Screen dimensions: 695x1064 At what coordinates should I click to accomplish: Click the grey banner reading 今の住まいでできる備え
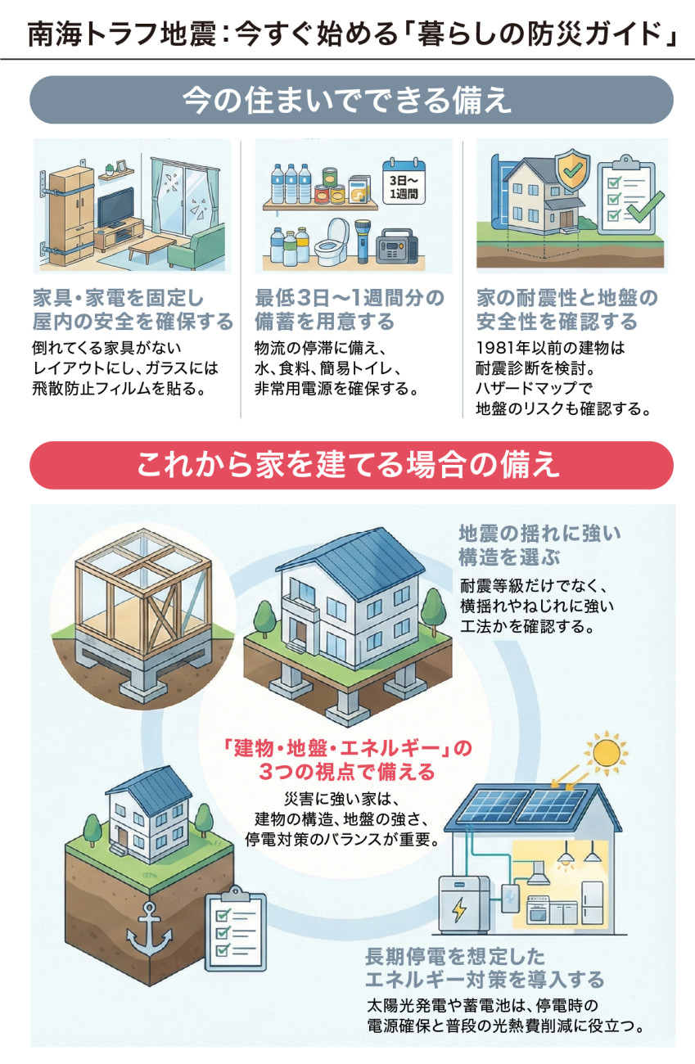click(x=351, y=100)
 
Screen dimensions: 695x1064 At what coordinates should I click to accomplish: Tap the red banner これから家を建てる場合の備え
click(x=351, y=465)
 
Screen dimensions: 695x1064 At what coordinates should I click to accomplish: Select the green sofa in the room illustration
click(x=196, y=247)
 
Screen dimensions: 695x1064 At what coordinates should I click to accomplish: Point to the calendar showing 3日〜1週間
click(x=404, y=182)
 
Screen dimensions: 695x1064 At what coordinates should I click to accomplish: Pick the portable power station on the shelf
click(x=397, y=246)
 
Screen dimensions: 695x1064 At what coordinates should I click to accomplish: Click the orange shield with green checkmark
click(x=573, y=169)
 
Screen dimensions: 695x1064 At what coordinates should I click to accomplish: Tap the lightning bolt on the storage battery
click(x=459, y=909)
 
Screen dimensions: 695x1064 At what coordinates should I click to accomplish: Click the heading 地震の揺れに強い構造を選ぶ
click(x=539, y=545)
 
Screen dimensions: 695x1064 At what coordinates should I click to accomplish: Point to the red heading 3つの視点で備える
click(x=347, y=772)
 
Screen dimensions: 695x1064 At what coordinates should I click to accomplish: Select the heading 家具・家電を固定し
click(x=118, y=298)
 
